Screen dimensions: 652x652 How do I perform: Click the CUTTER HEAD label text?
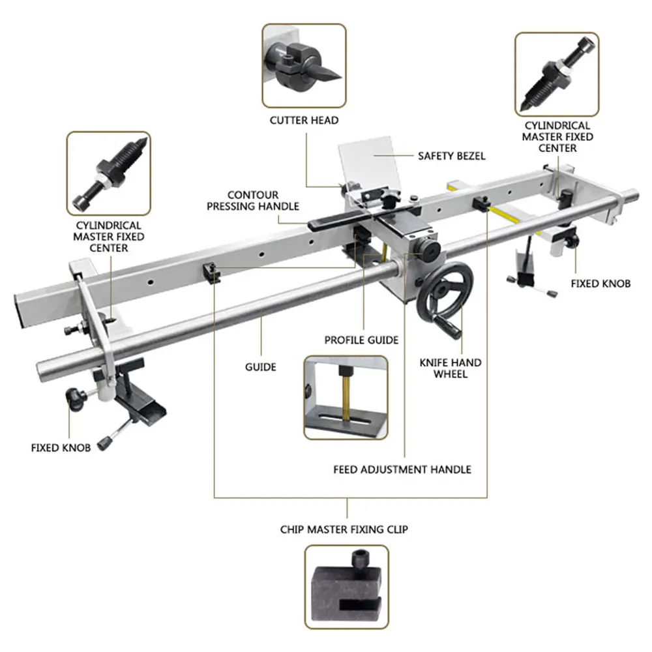point(304,121)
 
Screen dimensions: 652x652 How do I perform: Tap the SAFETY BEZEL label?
point(451,156)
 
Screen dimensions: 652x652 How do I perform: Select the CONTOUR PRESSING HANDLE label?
point(253,200)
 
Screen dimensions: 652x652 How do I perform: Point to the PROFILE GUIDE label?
point(361,340)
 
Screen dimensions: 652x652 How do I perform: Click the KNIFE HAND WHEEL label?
point(459,368)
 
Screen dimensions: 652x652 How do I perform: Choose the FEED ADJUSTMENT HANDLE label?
point(402,469)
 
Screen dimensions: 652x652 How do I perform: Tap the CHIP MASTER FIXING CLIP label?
point(344,529)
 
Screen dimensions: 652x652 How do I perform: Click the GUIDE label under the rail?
point(261,366)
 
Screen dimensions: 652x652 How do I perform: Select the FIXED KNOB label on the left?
point(61,448)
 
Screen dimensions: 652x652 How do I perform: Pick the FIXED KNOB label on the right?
point(600,284)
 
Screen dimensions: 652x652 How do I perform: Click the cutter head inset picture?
point(304,66)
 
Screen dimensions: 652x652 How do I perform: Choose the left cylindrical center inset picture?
point(109,173)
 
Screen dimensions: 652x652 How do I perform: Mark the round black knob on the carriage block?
point(429,248)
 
